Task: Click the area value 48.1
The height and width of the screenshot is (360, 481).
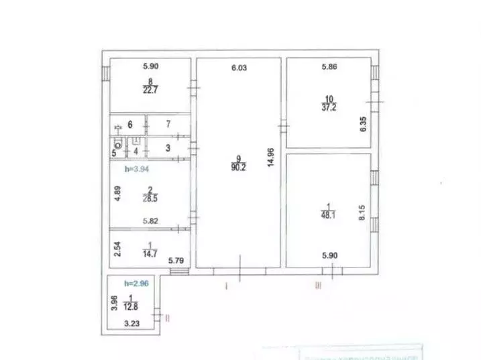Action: (328, 215)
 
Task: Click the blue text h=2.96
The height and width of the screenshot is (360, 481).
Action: (126, 284)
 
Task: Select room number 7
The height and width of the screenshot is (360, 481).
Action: (168, 124)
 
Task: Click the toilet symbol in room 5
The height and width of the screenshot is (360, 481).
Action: (119, 143)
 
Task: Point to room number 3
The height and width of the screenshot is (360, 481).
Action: (168, 147)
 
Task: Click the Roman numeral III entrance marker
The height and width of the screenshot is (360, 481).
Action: (319, 286)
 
